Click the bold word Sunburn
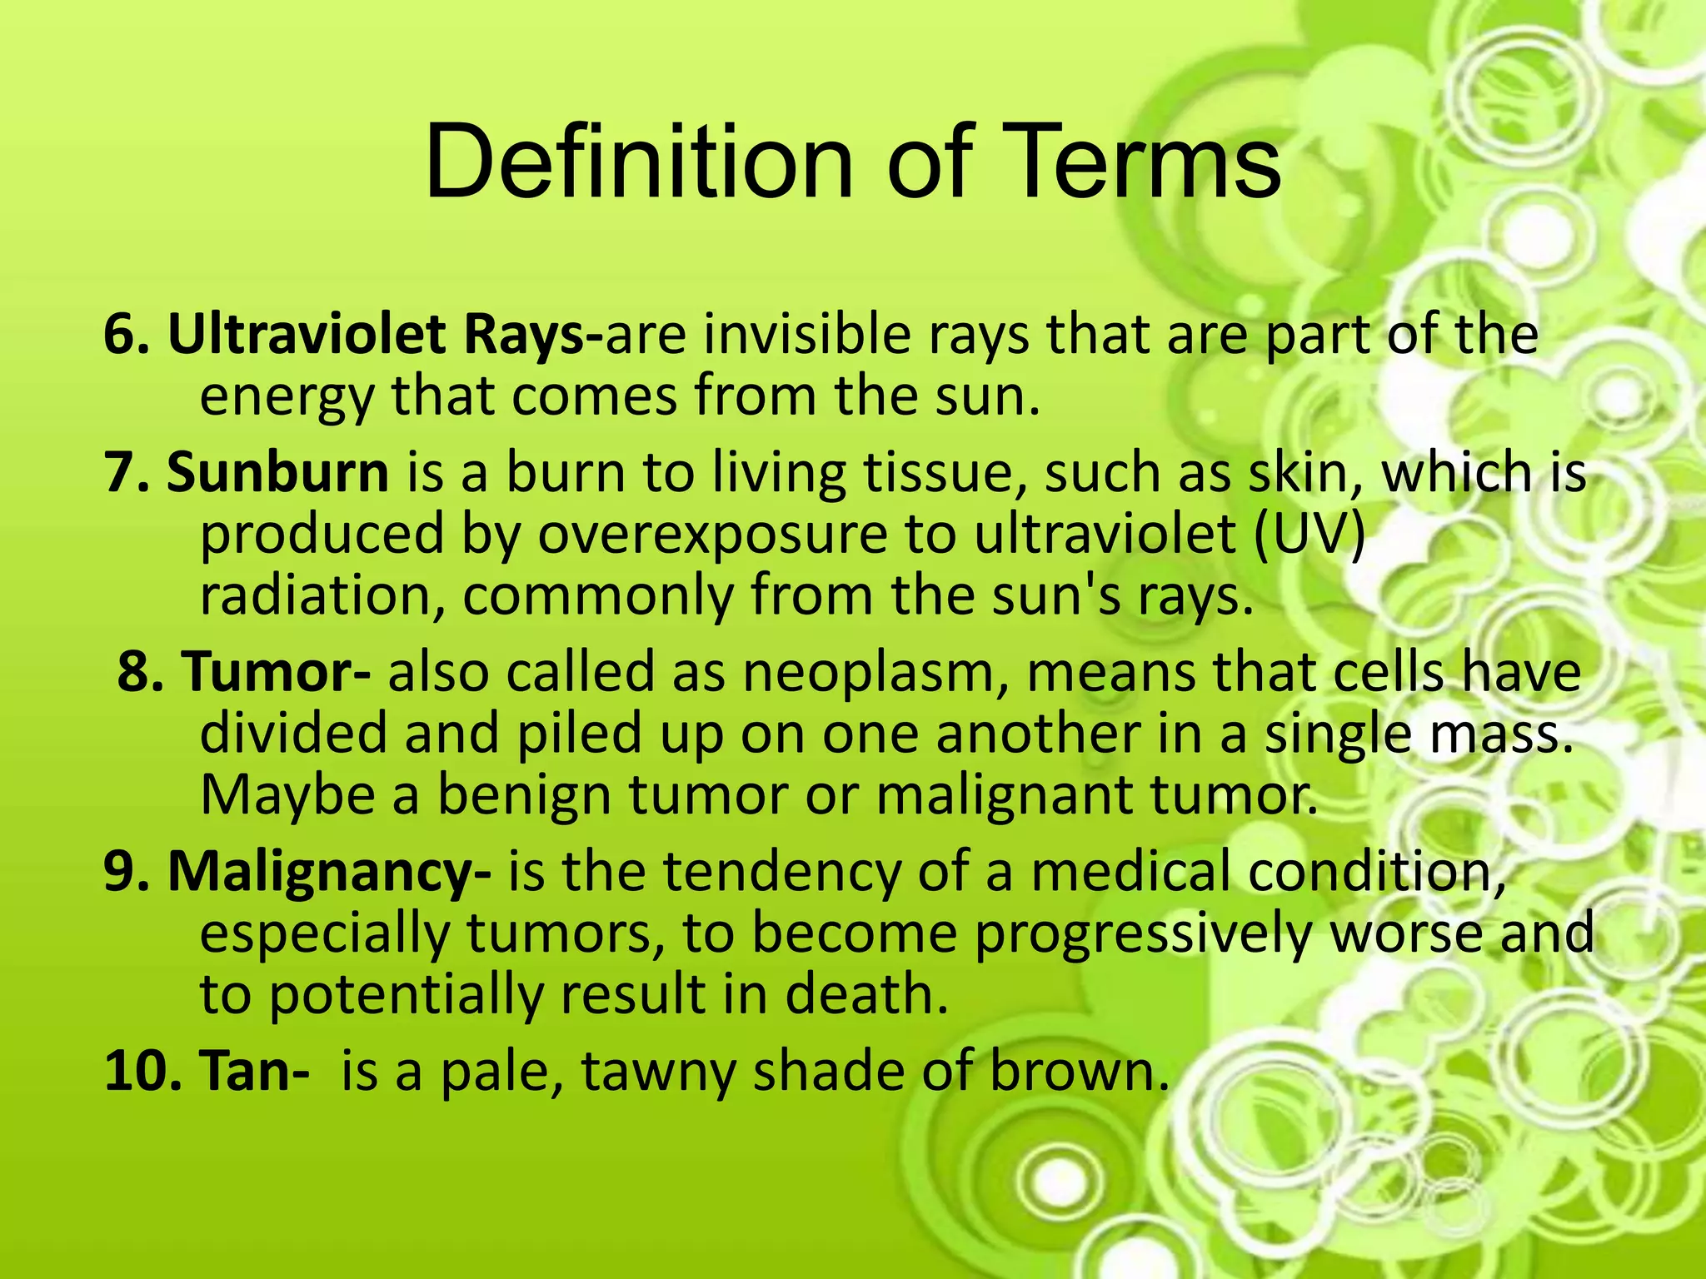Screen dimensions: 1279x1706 click(277, 472)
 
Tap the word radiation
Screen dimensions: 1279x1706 click(322, 595)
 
